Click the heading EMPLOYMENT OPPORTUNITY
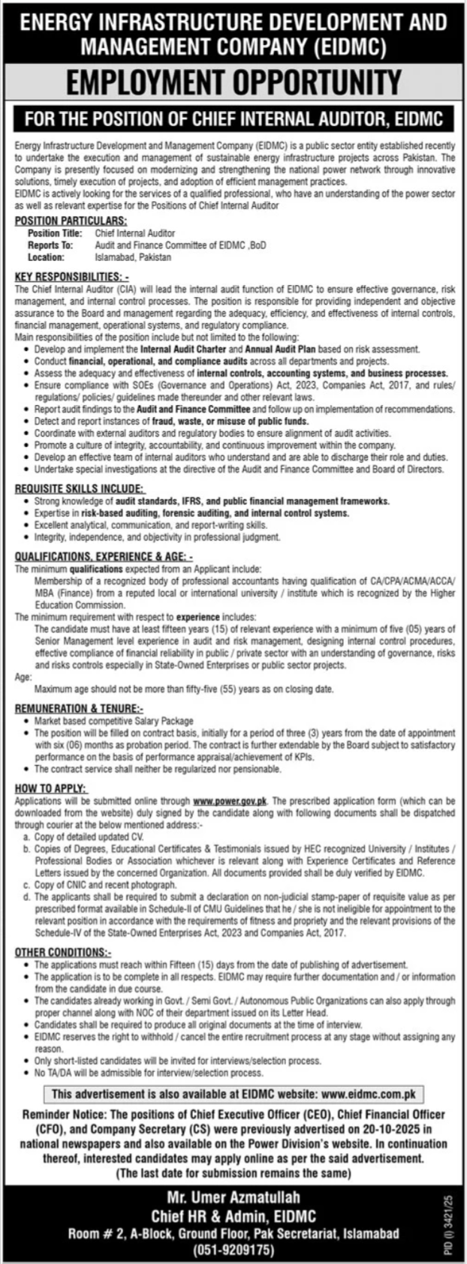[233, 81]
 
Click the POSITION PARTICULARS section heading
[71, 221]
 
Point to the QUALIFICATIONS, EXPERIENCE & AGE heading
[104, 557]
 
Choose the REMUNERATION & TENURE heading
[79, 707]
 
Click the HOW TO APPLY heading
[51, 788]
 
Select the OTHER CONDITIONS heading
[63, 952]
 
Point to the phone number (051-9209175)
[233, 1250]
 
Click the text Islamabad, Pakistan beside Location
[133, 257]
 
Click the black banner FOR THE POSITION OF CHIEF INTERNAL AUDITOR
[233, 117]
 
